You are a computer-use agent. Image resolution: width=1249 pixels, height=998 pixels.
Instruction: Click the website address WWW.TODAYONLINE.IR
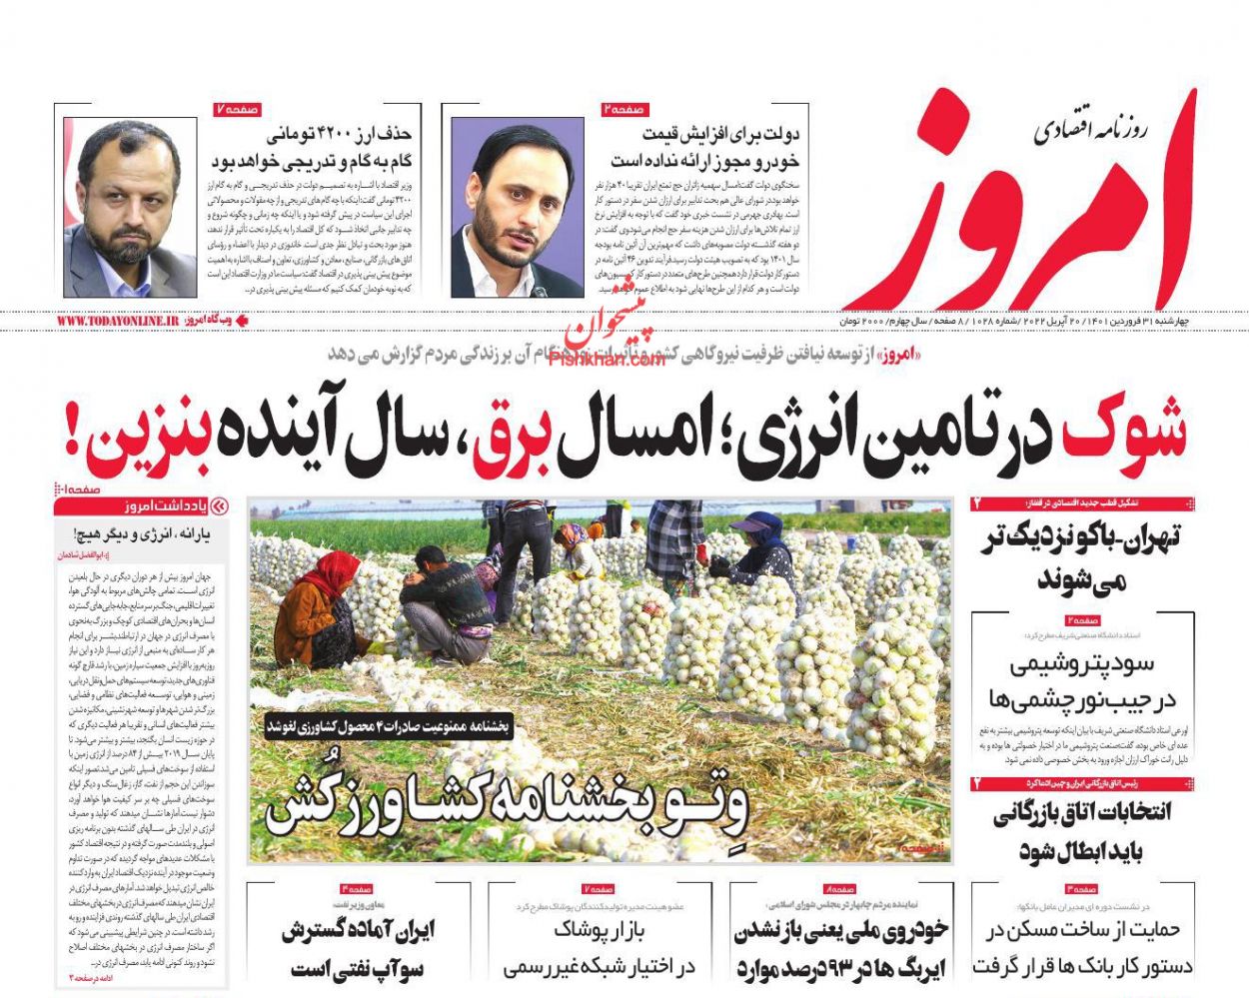tap(117, 322)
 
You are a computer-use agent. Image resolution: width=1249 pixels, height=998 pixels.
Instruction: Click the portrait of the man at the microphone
tap(517, 207)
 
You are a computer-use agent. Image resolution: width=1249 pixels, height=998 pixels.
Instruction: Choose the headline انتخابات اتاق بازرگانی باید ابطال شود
tap(1081, 831)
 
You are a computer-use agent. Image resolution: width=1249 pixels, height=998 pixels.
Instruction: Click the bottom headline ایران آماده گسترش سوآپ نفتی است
tap(359, 949)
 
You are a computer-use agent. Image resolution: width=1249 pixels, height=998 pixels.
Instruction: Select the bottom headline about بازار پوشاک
tap(600, 948)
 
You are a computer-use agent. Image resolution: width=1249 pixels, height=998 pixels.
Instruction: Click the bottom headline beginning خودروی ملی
tap(841, 949)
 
